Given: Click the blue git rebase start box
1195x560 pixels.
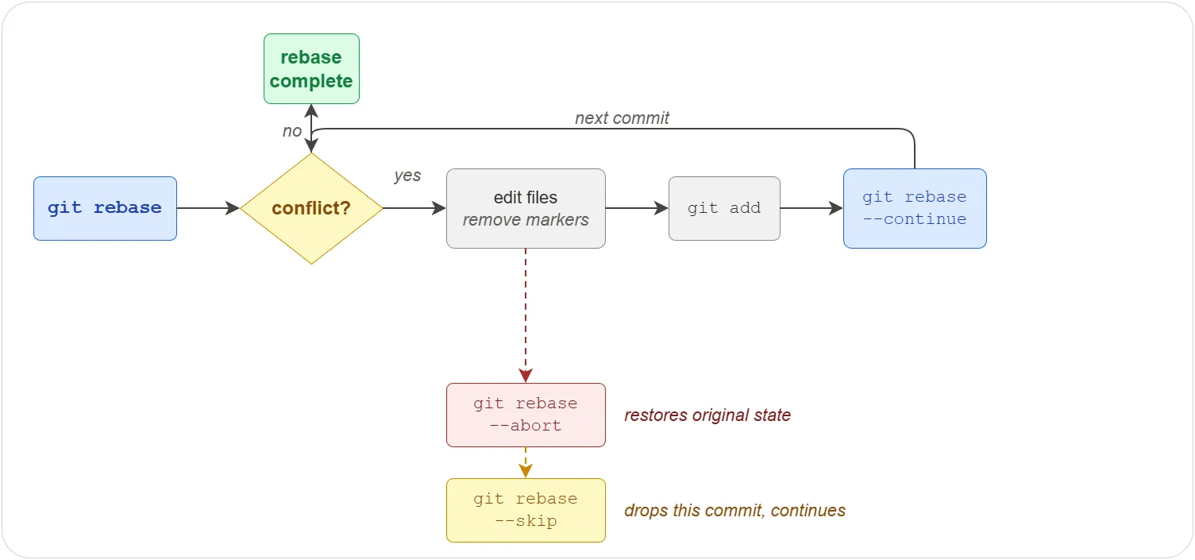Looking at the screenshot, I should [105, 208].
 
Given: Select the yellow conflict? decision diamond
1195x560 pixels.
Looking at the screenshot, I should [311, 208].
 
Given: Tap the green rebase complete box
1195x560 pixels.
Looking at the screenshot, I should [311, 69].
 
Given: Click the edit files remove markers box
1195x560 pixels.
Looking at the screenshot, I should [526, 208].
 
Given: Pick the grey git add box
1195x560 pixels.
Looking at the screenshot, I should [724, 208].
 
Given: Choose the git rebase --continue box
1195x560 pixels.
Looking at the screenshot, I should [915, 208].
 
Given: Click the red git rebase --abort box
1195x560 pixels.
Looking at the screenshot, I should [526, 415].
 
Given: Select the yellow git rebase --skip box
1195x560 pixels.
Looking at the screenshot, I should [526, 510].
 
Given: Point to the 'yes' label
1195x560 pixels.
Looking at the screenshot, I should [407, 176].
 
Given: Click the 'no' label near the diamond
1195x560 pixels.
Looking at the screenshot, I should [292, 131].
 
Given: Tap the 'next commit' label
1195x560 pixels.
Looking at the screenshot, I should [622, 118].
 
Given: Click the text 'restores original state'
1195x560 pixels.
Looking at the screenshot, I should [707, 415].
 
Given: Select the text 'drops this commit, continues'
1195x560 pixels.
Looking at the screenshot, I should [734, 511].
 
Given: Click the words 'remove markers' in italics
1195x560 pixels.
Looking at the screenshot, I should [526, 220].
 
